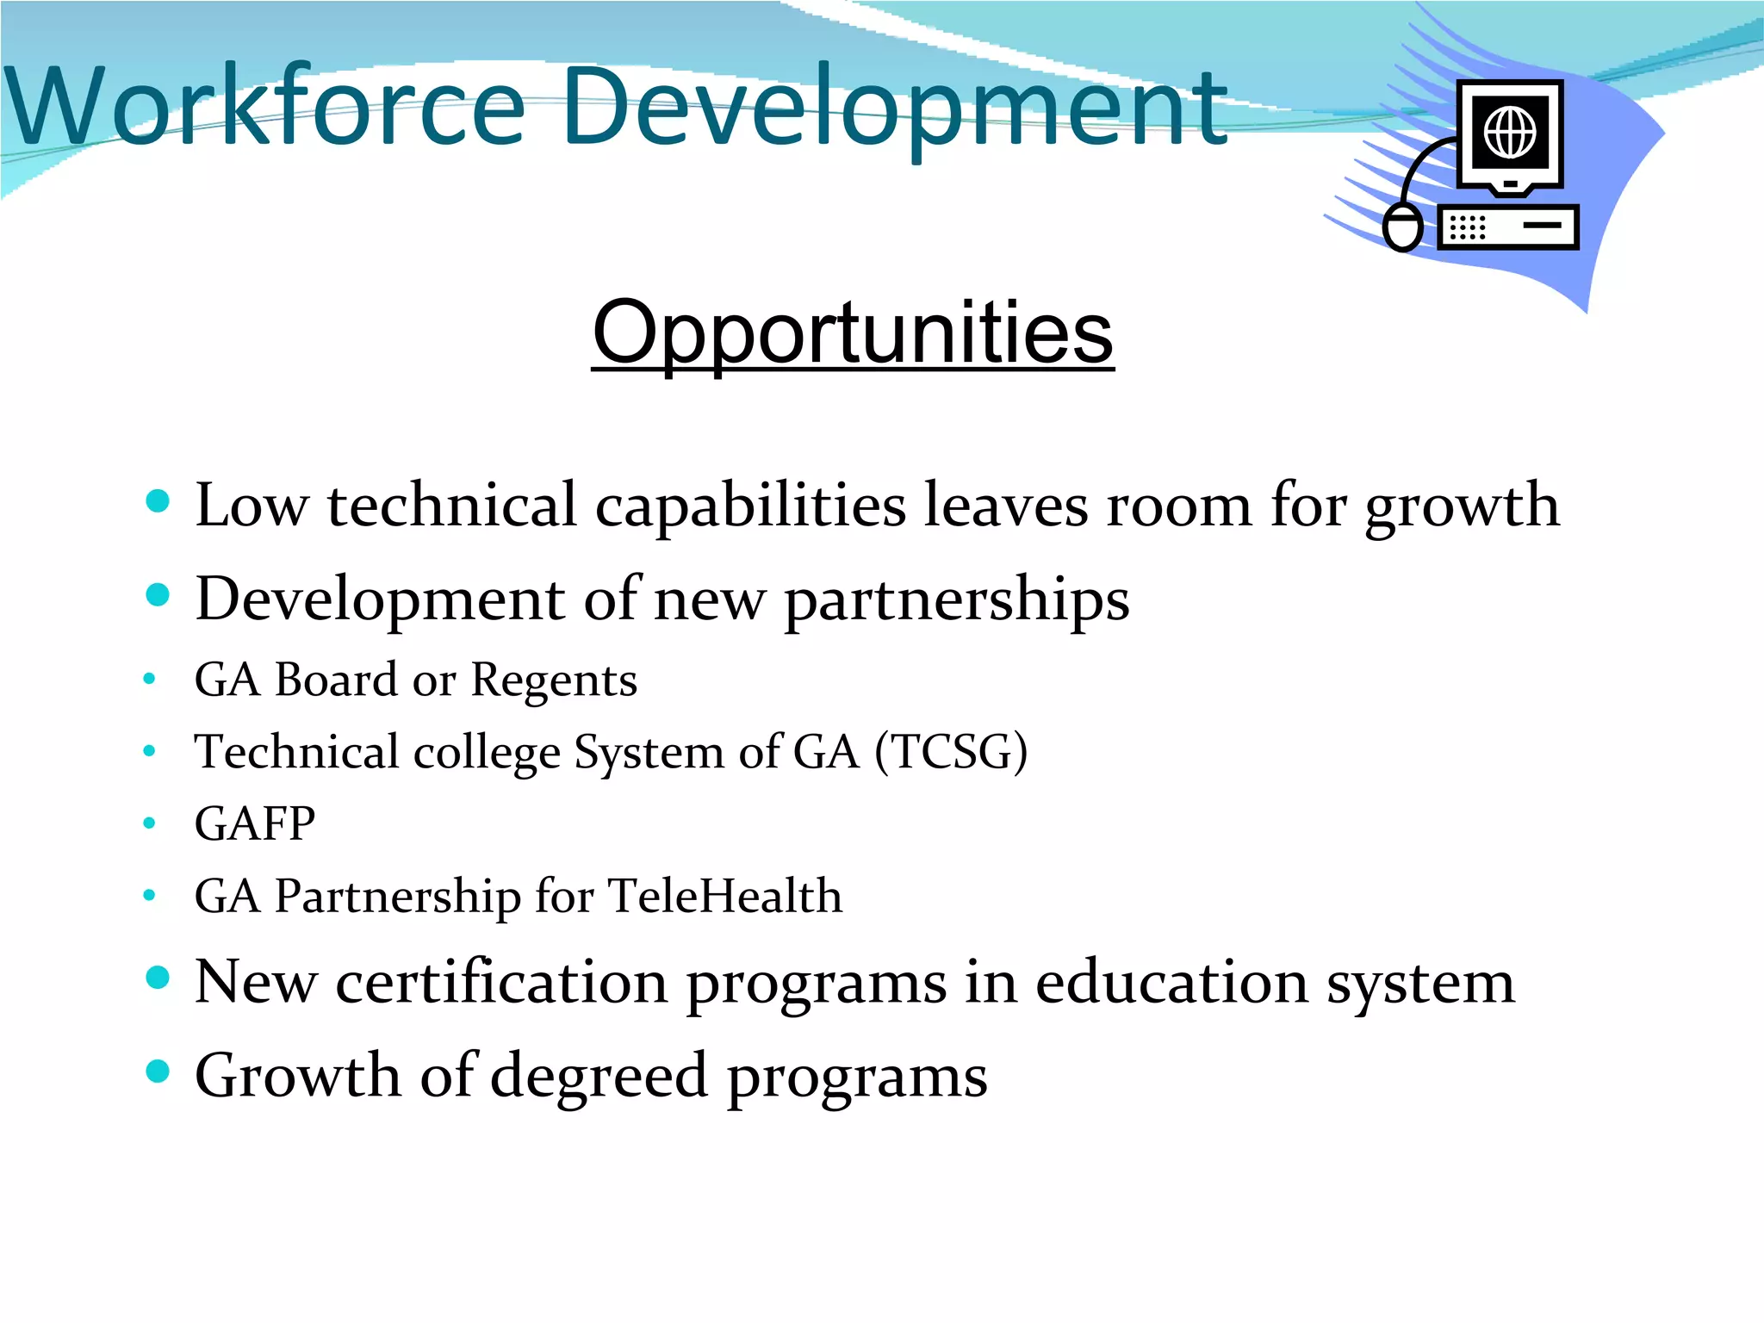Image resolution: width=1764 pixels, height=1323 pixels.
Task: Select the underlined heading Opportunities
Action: (853, 333)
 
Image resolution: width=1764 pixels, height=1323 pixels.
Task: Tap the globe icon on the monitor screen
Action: (1510, 133)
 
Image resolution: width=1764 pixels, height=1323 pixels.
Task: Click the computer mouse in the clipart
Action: (1402, 227)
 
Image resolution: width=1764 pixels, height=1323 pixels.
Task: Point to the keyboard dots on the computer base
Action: (1468, 227)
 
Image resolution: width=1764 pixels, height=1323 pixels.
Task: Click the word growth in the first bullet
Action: (1462, 506)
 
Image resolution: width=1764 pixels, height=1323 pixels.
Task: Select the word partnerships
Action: (956, 599)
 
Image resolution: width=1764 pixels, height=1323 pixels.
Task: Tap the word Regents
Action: (554, 680)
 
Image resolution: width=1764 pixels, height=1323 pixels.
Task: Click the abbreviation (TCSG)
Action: (951, 752)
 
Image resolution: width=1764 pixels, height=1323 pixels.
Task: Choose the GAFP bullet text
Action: (255, 823)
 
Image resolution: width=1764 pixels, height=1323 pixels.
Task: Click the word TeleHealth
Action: (725, 896)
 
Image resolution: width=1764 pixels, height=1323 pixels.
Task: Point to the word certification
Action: (501, 982)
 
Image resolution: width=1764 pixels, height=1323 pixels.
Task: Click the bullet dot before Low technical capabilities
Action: (158, 501)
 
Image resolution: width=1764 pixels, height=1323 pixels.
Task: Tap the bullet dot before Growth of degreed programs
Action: (158, 1071)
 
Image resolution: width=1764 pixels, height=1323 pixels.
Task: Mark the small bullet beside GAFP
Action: (149, 823)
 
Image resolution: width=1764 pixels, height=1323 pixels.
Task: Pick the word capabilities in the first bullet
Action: (750, 506)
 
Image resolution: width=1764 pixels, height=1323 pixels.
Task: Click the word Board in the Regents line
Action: (336, 680)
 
